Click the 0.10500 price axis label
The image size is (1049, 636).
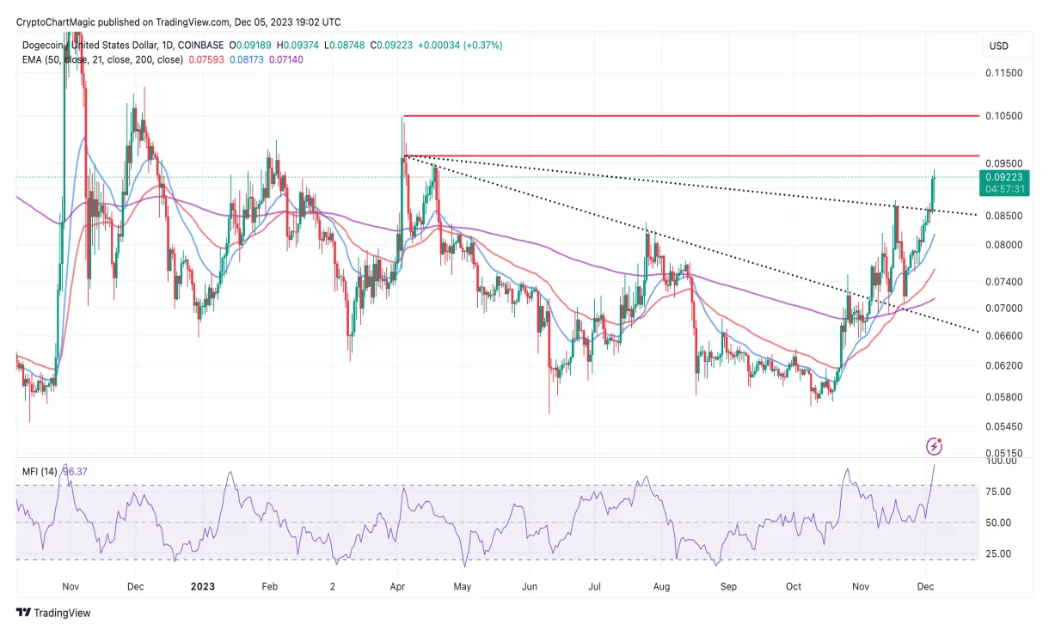click(x=1003, y=116)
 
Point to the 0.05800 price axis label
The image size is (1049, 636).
click(x=1003, y=396)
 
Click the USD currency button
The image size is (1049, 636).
click(x=999, y=46)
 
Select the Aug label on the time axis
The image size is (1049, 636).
click(x=661, y=586)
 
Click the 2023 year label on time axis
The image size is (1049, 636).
click(x=202, y=586)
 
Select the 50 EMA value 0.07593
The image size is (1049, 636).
click(x=200, y=59)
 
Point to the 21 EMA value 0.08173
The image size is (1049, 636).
click(x=242, y=59)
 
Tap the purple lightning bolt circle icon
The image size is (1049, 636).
click(x=934, y=446)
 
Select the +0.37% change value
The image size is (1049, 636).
click(x=484, y=45)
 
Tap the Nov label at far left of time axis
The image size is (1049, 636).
click(x=71, y=586)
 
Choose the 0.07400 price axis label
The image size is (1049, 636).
click(x=1003, y=282)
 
